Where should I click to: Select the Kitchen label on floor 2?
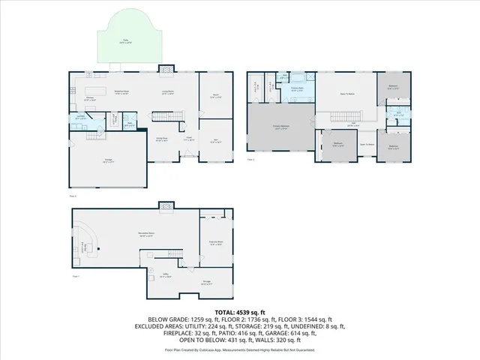click(89, 98)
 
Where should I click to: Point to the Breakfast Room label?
click(121, 93)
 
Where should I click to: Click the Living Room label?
click(168, 93)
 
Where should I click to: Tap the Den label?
click(215, 141)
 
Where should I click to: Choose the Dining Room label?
click(160, 140)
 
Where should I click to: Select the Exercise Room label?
click(216, 242)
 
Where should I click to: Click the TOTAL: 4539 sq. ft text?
click(240, 311)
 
